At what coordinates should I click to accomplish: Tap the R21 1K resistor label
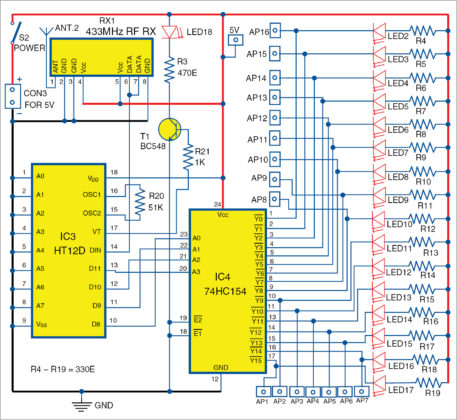click(x=201, y=154)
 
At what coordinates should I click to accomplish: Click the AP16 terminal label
click(x=256, y=33)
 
